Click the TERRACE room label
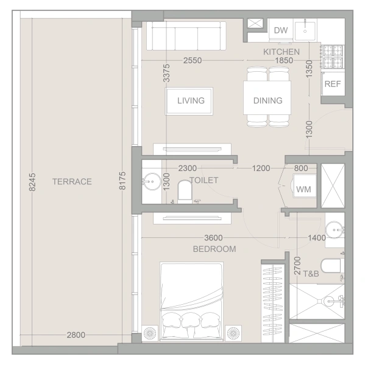[72, 181]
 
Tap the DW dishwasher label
[281, 30]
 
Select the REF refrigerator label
[333, 84]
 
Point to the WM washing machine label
[303, 189]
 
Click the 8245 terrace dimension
[32, 182]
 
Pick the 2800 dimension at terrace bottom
[76, 335]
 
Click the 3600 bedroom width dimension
[213, 238]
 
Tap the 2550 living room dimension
[193, 60]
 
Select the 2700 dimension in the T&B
[297, 266]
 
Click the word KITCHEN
[282, 52]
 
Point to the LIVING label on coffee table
[191, 100]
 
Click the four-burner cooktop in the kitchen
[333, 57]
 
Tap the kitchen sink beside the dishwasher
[305, 30]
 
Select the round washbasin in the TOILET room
[152, 181]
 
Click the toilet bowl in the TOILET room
[185, 192]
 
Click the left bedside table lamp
[150, 333]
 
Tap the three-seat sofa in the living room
[186, 36]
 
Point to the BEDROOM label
[214, 249]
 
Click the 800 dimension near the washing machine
[301, 168]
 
